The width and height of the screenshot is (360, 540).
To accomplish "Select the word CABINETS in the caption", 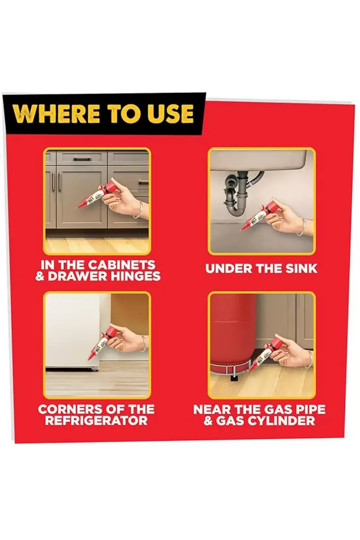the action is pos(121,265).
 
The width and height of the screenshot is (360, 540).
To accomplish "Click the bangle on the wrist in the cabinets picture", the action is pos(140,210).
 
